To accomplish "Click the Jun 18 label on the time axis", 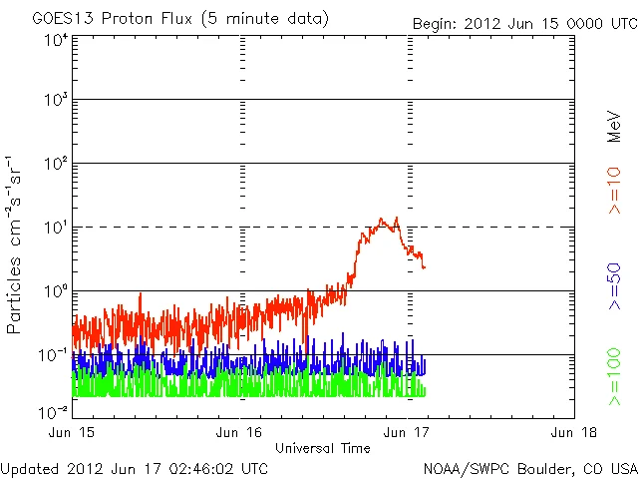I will pyautogui.click(x=573, y=432).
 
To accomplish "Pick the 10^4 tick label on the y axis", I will pyautogui.click(x=54, y=40).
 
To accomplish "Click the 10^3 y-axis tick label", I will pyautogui.click(x=54, y=100).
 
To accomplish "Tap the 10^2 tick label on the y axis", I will pyautogui.click(x=54, y=164).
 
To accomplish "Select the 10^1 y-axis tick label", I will pyautogui.click(x=54, y=228).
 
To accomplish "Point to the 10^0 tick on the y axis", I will pyautogui.click(x=54, y=291).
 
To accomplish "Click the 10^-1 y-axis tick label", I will pyautogui.click(x=52, y=355).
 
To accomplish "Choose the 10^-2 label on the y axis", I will pyautogui.click(x=52, y=412).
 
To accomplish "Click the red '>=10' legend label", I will pyautogui.click(x=615, y=190).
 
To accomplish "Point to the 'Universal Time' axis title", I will pyautogui.click(x=322, y=447).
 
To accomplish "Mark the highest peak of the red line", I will pyautogui.click(x=397, y=218).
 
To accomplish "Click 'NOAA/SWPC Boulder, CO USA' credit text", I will pyautogui.click(x=529, y=467).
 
